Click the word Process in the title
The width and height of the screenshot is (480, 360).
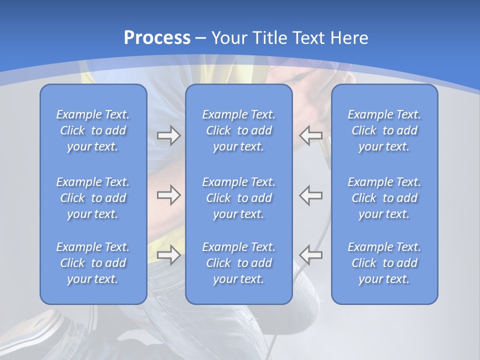(x=157, y=37)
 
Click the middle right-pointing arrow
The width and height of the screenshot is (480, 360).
(x=168, y=195)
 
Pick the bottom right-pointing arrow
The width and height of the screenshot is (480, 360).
(x=168, y=255)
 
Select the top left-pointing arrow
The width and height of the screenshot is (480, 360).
(x=311, y=135)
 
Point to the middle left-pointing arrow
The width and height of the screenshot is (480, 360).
(x=311, y=195)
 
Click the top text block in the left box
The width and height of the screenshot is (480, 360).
(x=93, y=130)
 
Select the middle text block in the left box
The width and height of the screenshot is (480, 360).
(x=93, y=198)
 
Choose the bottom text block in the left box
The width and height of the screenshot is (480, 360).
(x=93, y=263)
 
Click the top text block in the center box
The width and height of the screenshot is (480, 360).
(x=239, y=130)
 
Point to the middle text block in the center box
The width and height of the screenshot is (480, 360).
(x=239, y=198)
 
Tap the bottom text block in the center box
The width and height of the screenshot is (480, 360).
(x=239, y=263)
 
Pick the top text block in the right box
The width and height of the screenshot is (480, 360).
(x=384, y=130)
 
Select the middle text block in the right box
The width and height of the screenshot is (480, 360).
(x=384, y=198)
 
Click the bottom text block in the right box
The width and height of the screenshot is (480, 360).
(x=384, y=263)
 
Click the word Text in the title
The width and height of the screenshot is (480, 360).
(x=305, y=37)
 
